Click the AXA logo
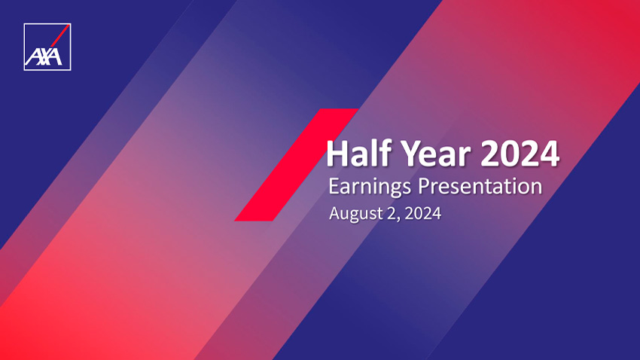click(47, 47)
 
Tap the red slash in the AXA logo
click(59, 36)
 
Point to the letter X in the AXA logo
click(43, 56)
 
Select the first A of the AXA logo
click(32, 57)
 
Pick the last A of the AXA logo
click(55, 56)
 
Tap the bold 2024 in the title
click(520, 154)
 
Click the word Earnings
click(370, 188)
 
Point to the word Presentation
click(480, 186)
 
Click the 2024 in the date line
click(423, 213)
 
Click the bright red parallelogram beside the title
click(297, 165)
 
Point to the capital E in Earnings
click(334, 186)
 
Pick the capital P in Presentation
click(425, 186)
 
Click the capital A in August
click(336, 213)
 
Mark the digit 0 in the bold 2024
click(510, 154)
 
